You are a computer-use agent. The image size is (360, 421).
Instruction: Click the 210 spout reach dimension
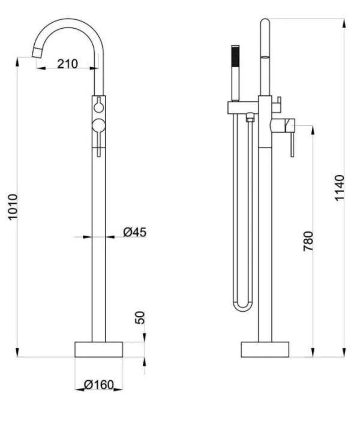coord(67,64)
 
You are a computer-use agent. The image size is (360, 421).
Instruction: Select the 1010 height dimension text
coord(13,207)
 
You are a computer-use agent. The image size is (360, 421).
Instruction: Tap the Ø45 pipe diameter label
coord(135,232)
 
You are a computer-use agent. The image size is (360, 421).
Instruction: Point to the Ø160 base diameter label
coord(99,385)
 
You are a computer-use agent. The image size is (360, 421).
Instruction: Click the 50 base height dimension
coord(140,318)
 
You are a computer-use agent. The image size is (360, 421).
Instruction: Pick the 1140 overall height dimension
coord(339,188)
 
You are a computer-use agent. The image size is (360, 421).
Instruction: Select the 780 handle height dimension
coord(308,241)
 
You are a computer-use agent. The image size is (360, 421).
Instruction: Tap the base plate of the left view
coord(98,349)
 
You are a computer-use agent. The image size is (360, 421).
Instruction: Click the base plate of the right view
coord(265,349)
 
